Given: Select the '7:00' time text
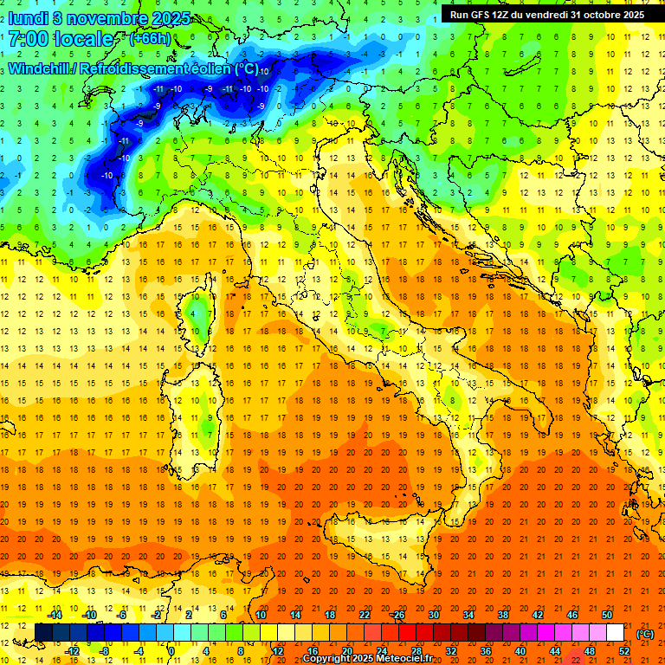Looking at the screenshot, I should tap(28, 39).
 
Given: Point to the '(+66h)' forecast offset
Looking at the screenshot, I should tap(150, 39).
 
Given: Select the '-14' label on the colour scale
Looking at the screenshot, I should tap(55, 615).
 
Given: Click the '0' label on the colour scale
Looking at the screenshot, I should tap(171, 650).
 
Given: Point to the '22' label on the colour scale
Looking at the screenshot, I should tap(364, 615).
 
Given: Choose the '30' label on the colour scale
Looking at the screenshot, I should tap(433, 615).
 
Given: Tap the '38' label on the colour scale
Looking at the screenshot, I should tap(502, 615).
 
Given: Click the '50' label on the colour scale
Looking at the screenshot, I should tap(606, 615).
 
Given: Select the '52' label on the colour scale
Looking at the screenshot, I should tap(623, 650).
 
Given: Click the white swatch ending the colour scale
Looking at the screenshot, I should tap(615, 633).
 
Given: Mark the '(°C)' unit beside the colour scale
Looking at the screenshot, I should tap(644, 634).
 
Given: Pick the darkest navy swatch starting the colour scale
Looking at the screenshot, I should tap(43, 633).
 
